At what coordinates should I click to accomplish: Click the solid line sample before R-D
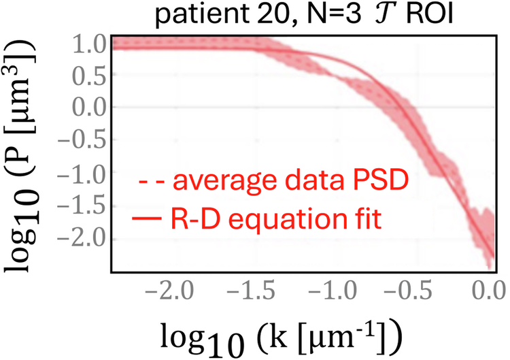tap(145, 218)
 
